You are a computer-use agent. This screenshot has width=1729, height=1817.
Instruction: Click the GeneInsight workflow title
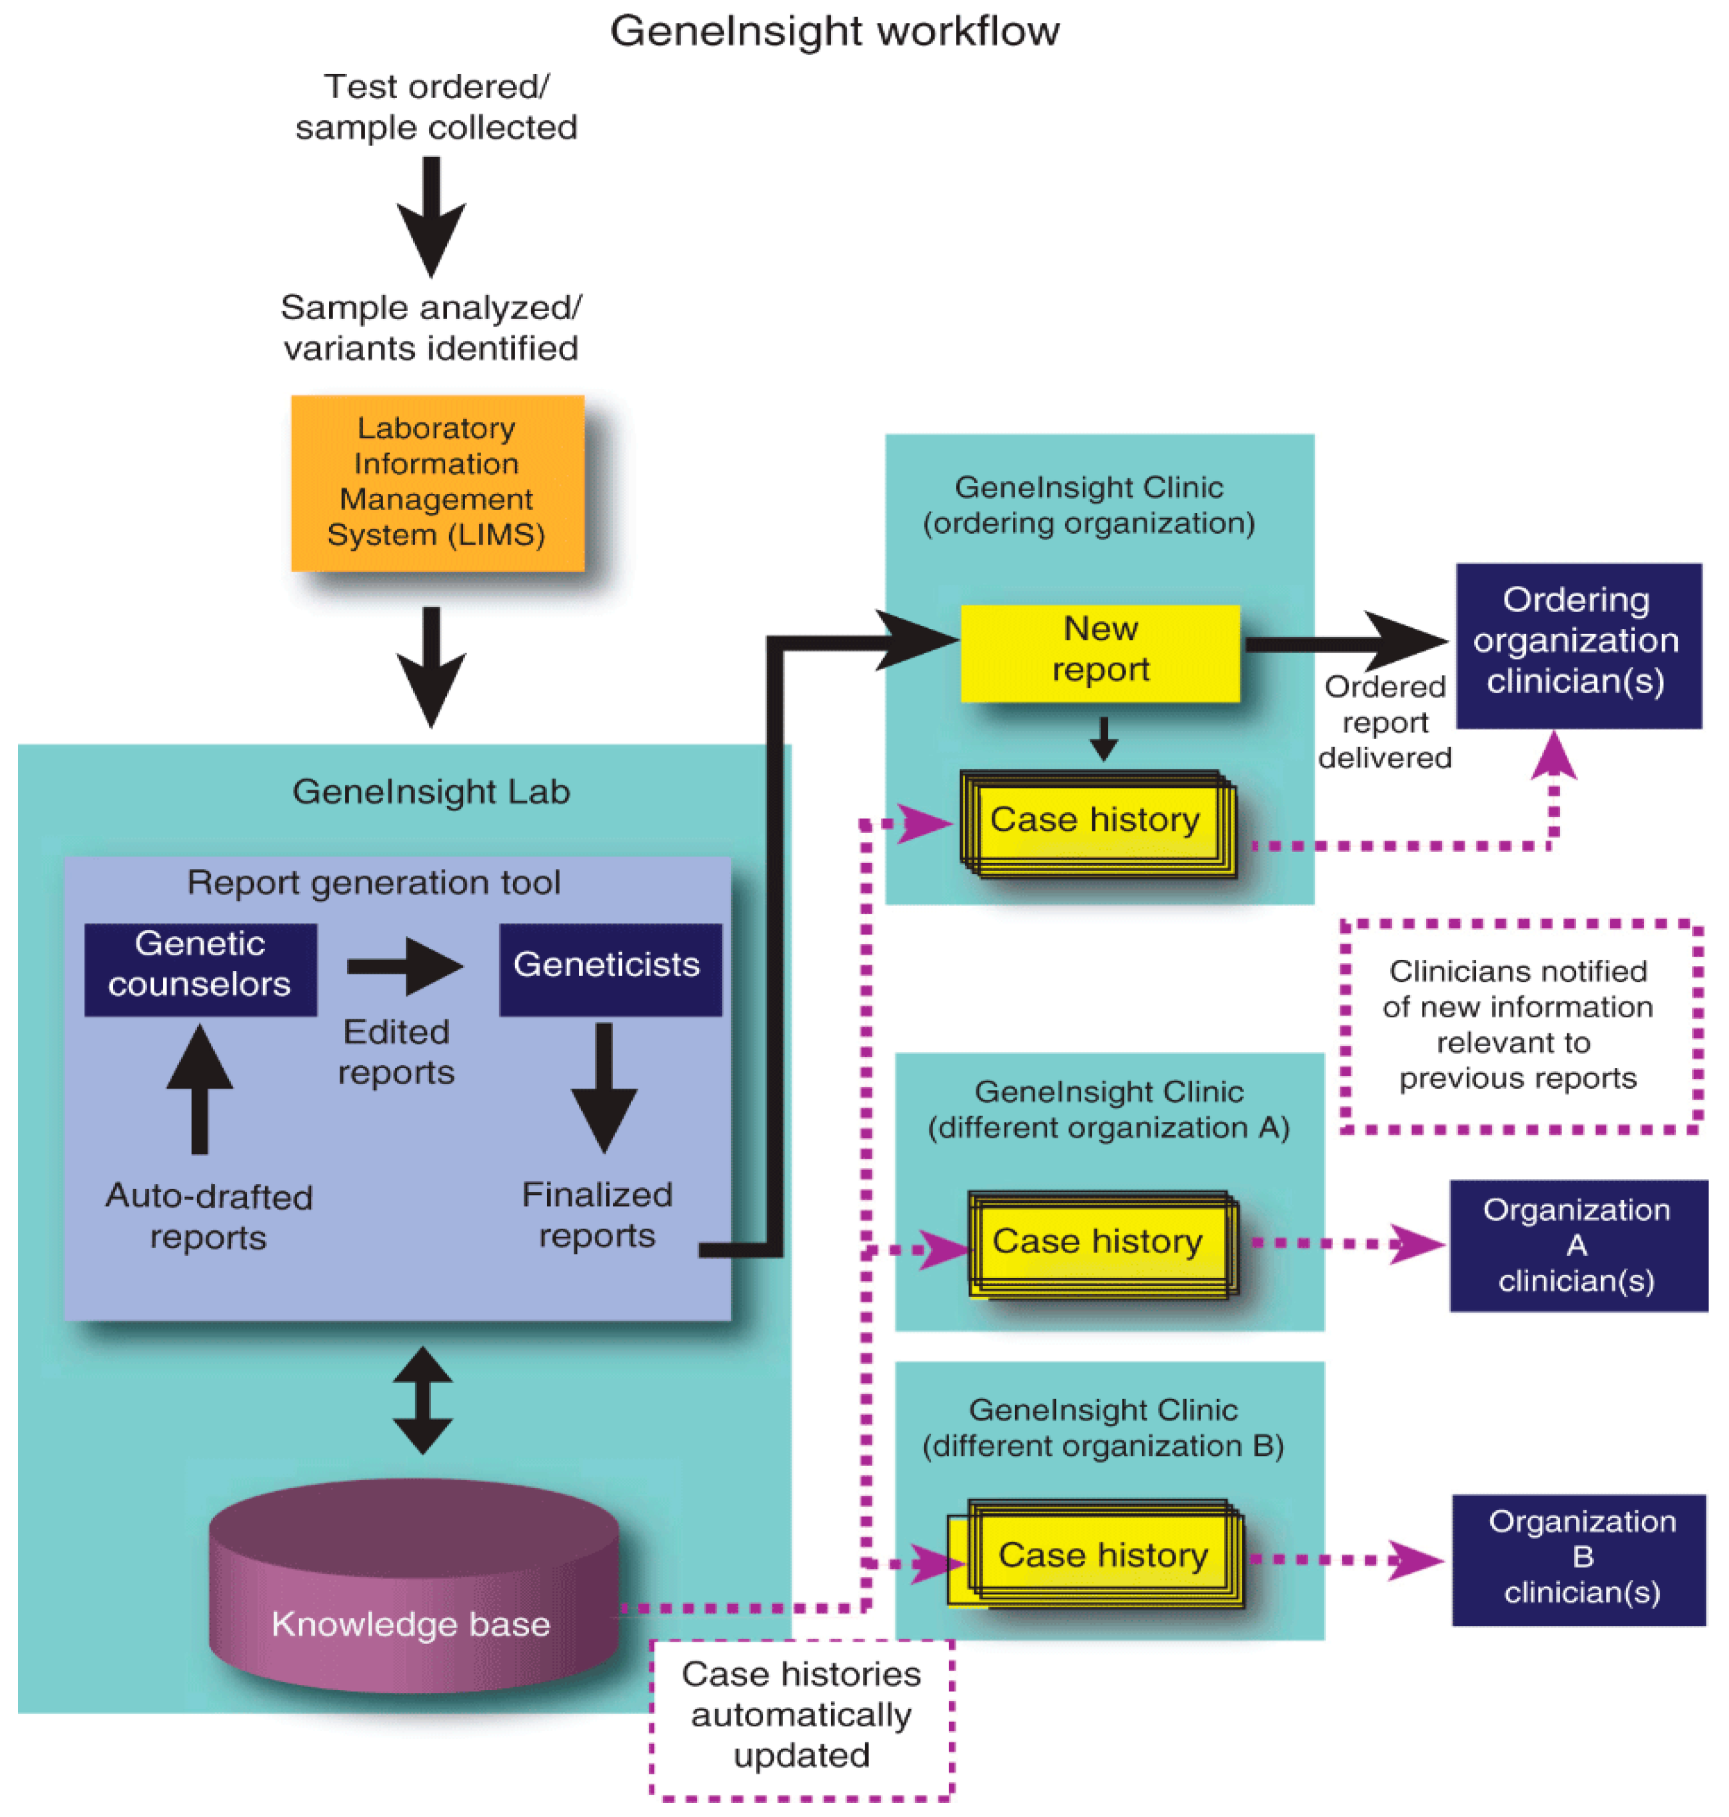(x=834, y=31)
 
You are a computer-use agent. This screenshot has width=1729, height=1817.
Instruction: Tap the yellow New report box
(x=1100, y=653)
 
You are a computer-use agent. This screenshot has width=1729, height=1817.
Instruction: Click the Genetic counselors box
(x=200, y=969)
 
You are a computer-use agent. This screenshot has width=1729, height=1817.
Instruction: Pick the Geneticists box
(x=609, y=969)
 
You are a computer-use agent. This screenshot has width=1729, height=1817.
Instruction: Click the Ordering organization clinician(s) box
(x=1578, y=645)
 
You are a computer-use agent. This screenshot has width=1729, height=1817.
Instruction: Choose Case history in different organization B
(x=1102, y=1555)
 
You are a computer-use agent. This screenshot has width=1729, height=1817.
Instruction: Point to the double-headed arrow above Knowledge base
(x=422, y=1400)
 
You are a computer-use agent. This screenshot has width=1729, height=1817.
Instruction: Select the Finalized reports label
(x=597, y=1214)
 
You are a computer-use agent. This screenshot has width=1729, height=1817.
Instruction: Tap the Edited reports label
(x=396, y=1051)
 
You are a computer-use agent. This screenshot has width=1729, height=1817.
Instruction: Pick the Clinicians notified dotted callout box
(x=1521, y=1025)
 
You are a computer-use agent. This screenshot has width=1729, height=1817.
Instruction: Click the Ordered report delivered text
(x=1384, y=722)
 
